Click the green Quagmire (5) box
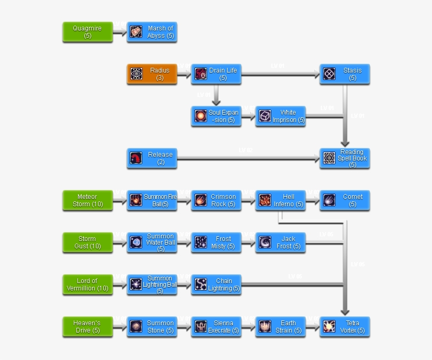pyautogui.click(x=87, y=32)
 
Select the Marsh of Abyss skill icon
pyautogui.click(x=136, y=32)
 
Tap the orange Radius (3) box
pyautogui.click(x=152, y=74)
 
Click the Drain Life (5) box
pyautogui.click(x=216, y=74)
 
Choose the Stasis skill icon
pyautogui.click(x=329, y=74)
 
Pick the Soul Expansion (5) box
pyautogui.click(x=216, y=116)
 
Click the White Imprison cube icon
pyautogui.click(x=265, y=116)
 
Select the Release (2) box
pyautogui.click(x=152, y=158)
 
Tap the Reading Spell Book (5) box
pyautogui.click(x=345, y=158)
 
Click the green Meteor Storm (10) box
pyautogui.click(x=87, y=201)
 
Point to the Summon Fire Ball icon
pyautogui.click(x=136, y=200)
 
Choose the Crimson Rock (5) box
pyautogui.click(x=216, y=201)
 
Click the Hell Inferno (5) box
pyautogui.click(x=280, y=201)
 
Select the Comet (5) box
pyautogui.click(x=345, y=201)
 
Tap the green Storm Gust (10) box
pyautogui.click(x=87, y=243)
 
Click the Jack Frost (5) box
pyautogui.click(x=280, y=243)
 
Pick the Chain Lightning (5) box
pyautogui.click(x=216, y=285)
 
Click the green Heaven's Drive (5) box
pyautogui.click(x=87, y=327)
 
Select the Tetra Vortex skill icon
pyautogui.click(x=329, y=326)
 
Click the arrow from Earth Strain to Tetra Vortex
pyautogui.click(x=312, y=327)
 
